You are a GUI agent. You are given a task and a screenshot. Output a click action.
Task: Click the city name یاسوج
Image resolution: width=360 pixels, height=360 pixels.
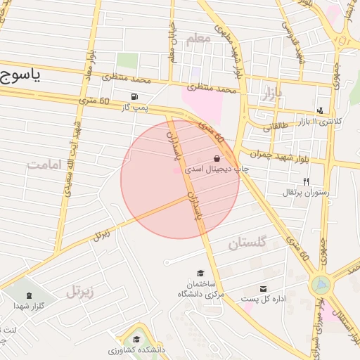[x=20, y=75]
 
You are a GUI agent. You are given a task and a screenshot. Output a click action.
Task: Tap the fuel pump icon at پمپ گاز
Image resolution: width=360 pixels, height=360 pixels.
[x=134, y=97]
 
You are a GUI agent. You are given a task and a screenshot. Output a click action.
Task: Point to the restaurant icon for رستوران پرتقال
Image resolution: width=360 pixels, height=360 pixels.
[x=306, y=182]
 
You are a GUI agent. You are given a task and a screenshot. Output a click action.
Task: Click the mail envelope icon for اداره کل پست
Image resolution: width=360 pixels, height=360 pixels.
[x=264, y=289]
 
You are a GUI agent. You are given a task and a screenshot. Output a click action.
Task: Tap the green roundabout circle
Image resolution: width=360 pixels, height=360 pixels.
[x=321, y=285]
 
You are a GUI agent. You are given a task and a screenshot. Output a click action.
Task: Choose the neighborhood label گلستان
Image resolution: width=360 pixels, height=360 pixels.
[x=247, y=244]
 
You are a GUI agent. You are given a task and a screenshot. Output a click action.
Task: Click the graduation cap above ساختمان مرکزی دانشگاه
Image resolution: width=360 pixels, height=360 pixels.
[x=200, y=273]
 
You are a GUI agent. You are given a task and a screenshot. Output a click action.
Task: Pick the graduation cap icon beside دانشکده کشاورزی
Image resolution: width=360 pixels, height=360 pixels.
[x=136, y=339]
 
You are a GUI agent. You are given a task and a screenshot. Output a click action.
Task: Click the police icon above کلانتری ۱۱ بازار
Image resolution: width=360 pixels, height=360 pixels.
[x=321, y=110]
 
